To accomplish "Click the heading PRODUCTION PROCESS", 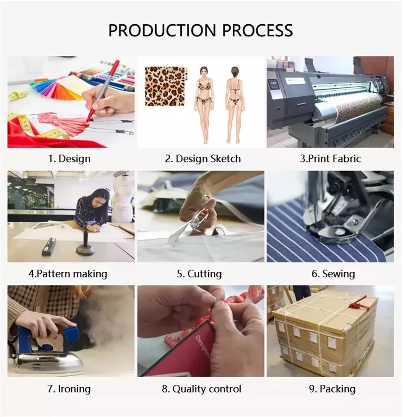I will pos(200,30).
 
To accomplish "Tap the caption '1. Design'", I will pos(69,158).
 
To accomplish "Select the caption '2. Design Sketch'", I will pos(203,158).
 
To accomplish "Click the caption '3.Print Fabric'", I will pos(330,158).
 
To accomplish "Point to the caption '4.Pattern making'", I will pos(68,274).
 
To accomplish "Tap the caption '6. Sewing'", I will pos(332,274).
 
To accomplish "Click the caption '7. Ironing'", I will pos(69,389).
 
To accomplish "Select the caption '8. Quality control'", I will pos(201,389).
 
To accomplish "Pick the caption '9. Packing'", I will pos(332,389).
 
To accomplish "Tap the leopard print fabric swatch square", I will pos(165,86).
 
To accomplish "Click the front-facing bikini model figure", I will pos(204,103).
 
